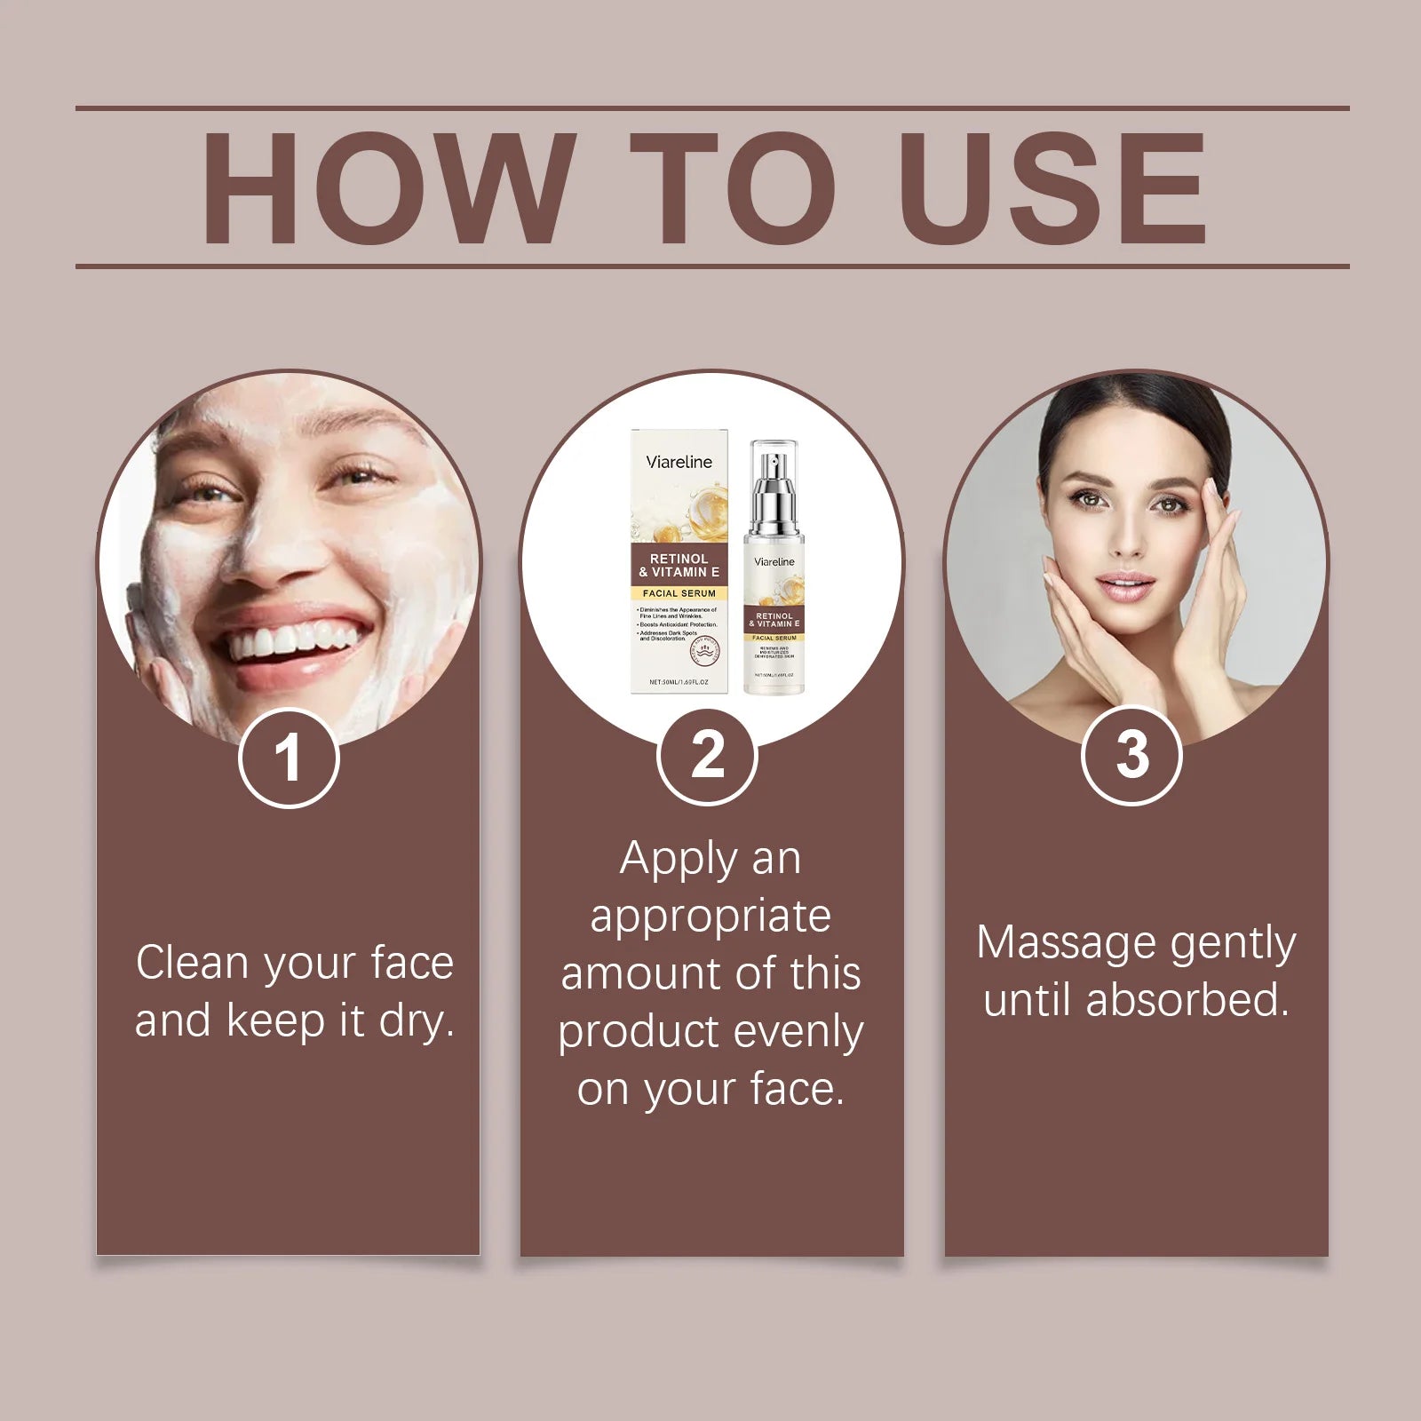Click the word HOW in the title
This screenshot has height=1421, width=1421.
pyautogui.click(x=384, y=188)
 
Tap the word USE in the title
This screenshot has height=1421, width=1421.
pyautogui.click(x=1055, y=188)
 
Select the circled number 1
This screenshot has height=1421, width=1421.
pyautogui.click(x=289, y=758)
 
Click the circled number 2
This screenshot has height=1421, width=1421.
pyautogui.click(x=707, y=756)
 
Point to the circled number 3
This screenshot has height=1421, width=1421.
pyautogui.click(x=1131, y=755)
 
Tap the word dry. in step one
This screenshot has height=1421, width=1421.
pyautogui.click(x=417, y=1020)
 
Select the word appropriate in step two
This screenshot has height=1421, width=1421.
pyautogui.click(x=710, y=916)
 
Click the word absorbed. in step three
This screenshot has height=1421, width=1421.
pyautogui.click(x=1187, y=1000)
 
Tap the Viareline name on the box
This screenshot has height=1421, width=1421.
pyautogui.click(x=679, y=462)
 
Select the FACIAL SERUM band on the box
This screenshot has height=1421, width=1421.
pyautogui.click(x=679, y=592)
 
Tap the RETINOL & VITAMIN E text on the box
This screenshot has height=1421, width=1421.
pyautogui.click(x=679, y=565)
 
